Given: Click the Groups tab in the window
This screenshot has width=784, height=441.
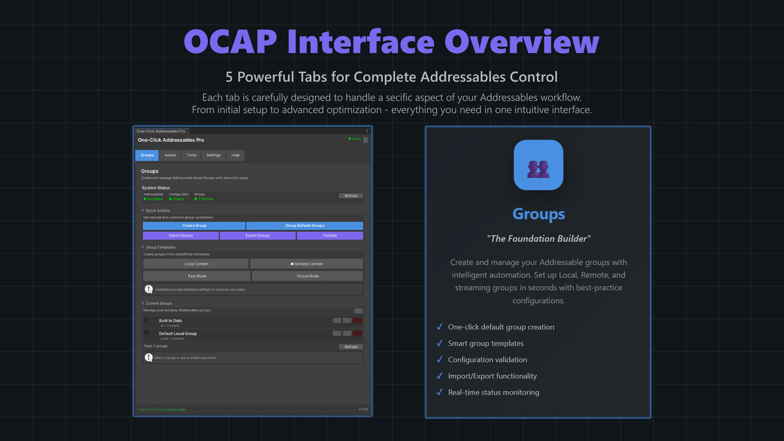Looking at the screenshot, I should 147,155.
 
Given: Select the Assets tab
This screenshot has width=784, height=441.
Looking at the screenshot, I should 170,155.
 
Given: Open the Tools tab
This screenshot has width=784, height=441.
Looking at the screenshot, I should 191,155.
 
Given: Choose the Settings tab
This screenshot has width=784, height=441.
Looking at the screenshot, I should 214,155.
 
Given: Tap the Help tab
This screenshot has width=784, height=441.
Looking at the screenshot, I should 235,155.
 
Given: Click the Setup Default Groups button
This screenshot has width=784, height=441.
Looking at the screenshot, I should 304,225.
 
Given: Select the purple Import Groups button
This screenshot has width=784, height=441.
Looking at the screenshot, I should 181,235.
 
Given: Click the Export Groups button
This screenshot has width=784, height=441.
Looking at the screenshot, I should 257,235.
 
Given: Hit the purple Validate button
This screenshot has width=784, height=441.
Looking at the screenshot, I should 330,235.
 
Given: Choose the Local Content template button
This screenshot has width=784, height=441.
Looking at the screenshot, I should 196,264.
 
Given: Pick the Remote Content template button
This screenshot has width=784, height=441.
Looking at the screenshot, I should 306,264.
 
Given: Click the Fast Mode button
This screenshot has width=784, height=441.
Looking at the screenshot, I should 197,276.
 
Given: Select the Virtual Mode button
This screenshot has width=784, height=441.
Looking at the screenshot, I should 307,276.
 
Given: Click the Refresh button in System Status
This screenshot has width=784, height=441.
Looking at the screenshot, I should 351,196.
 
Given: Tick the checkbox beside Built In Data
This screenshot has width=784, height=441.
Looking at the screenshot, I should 146,320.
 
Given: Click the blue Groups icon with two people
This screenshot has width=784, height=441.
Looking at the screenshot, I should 538,165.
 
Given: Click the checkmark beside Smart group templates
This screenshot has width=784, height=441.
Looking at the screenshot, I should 439,343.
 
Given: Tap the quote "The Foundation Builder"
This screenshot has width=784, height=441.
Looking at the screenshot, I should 538,239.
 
